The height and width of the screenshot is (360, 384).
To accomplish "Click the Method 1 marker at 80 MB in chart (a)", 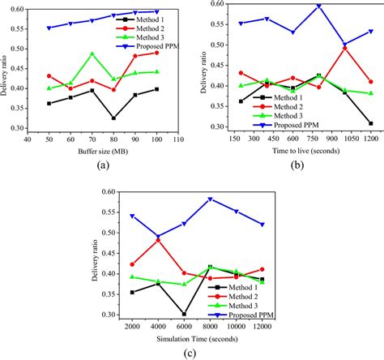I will [x=113, y=118].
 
